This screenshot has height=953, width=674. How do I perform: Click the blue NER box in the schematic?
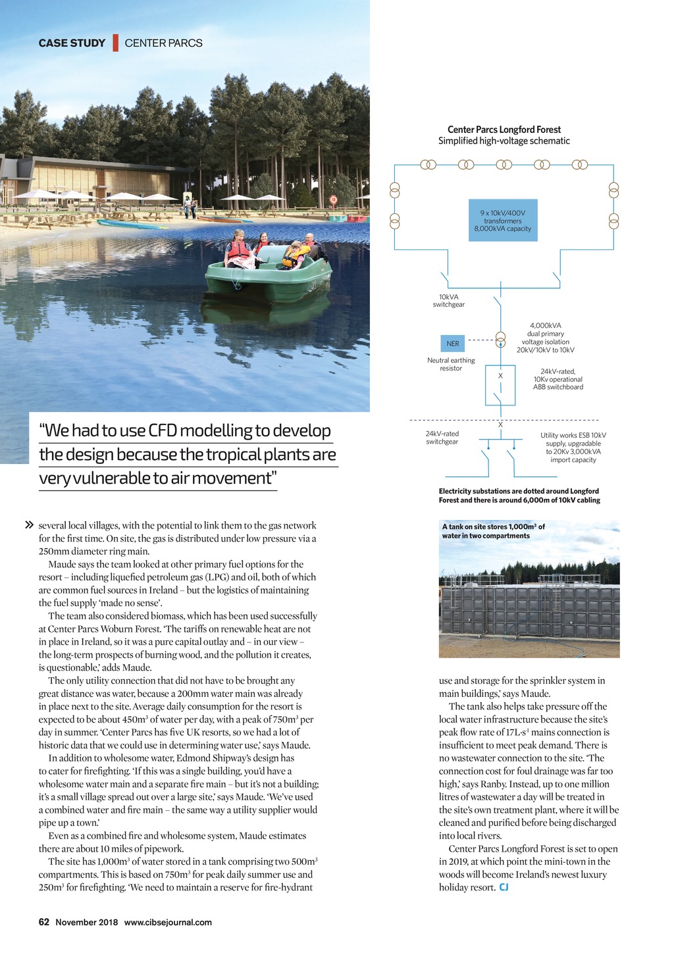(x=453, y=344)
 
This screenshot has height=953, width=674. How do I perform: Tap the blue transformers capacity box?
(x=502, y=220)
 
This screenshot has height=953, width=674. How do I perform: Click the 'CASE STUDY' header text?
(x=72, y=43)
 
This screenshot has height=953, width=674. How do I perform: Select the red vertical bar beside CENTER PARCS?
(x=115, y=43)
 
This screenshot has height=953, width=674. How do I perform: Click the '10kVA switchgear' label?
(x=448, y=301)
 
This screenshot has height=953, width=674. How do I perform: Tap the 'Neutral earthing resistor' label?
(x=451, y=364)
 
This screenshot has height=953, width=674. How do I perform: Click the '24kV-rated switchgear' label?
(x=442, y=438)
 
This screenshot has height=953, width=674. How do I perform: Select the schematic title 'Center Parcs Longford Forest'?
(x=504, y=130)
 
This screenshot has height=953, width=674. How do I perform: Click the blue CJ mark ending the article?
(x=504, y=887)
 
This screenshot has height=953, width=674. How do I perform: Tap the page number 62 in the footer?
(x=44, y=922)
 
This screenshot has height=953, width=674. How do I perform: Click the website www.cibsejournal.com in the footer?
(x=168, y=922)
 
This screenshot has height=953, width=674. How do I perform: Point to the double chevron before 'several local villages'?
(x=29, y=525)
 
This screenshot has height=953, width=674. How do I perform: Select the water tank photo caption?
(x=493, y=531)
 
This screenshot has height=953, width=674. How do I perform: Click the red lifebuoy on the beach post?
(x=334, y=199)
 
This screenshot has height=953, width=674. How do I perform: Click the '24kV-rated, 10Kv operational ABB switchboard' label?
(x=557, y=379)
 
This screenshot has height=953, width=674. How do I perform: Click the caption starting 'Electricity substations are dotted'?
(x=519, y=496)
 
